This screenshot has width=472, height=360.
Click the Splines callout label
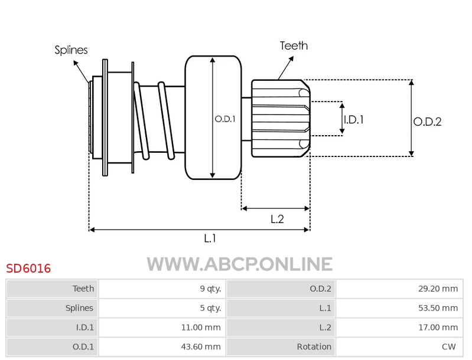[71, 50]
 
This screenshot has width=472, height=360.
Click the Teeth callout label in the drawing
[294, 45]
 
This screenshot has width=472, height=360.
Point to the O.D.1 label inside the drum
[225, 119]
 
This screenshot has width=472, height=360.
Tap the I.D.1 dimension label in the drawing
[354, 120]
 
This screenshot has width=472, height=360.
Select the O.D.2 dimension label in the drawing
[427, 122]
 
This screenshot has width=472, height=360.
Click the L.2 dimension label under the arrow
[277, 219]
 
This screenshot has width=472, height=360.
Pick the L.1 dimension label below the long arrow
[210, 238]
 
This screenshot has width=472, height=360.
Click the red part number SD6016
[28, 269]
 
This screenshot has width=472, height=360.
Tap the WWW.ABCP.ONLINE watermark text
[240, 264]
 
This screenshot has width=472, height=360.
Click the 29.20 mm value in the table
[438, 289]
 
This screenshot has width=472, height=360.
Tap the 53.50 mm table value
[438, 308]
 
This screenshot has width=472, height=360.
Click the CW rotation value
[448, 347]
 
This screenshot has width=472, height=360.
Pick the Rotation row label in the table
[314, 347]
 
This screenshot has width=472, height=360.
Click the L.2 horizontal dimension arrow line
[275, 208]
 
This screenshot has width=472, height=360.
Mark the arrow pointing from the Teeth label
[286, 68]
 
